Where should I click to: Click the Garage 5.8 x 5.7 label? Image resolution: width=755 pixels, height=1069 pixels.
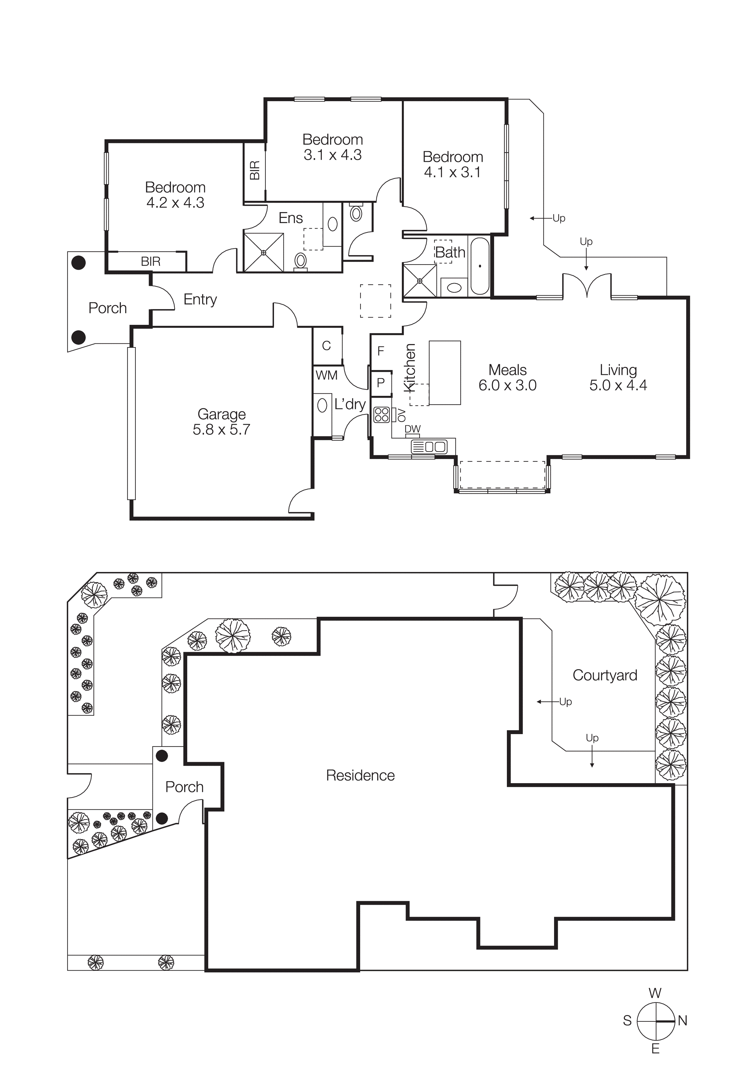tap(221, 421)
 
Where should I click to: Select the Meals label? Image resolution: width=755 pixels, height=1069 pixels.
tap(507, 370)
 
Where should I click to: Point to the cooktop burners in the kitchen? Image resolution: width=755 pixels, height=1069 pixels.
tap(381, 414)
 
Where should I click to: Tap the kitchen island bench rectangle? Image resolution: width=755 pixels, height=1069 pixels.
tap(445, 372)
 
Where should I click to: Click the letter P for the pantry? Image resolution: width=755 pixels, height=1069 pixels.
tap(381, 383)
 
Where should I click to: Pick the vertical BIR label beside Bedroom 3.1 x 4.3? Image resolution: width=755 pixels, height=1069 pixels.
tap(255, 170)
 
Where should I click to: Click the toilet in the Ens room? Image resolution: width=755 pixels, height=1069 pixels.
tap(300, 261)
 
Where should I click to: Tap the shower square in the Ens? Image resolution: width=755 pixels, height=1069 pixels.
tap(264, 252)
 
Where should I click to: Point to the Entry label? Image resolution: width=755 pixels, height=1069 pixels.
tap(200, 299)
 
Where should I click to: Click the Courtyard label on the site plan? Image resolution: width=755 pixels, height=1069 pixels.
tap(604, 675)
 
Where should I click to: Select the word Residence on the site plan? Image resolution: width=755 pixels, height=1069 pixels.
tap(360, 775)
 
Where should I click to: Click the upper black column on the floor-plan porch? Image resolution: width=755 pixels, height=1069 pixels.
tap(79, 263)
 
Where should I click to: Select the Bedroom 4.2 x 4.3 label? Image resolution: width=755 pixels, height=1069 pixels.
tap(175, 195)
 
